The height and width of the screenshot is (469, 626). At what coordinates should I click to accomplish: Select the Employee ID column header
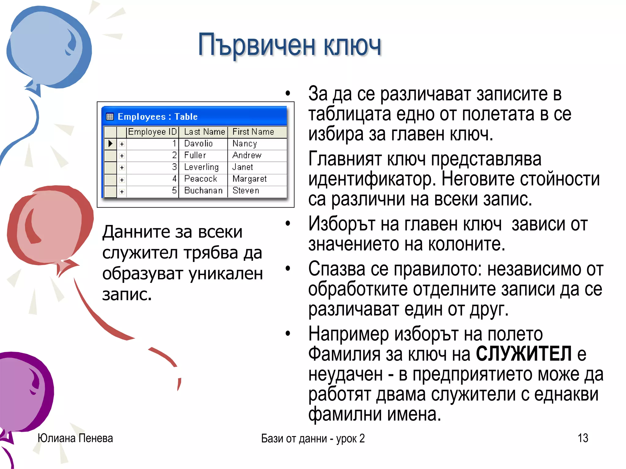point(152,132)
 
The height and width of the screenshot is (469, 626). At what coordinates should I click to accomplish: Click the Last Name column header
point(204,132)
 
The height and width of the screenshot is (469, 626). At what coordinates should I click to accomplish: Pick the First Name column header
point(253,132)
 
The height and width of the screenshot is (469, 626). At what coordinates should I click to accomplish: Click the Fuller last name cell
point(195,155)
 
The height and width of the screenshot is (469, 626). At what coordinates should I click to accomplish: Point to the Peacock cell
point(201,179)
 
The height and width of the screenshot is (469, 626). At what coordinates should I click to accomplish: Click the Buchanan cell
point(203,191)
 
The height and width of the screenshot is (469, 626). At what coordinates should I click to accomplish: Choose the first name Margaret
point(249,179)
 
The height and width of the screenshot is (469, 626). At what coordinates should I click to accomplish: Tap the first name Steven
point(246,191)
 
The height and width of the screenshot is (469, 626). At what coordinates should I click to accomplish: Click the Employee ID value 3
point(174,167)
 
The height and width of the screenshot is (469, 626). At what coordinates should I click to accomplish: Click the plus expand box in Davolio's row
point(122,144)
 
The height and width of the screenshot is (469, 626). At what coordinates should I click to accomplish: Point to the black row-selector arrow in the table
point(110,144)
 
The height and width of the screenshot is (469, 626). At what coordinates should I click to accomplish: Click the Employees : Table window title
point(157,117)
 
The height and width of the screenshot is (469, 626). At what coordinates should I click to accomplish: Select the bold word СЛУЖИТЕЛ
point(524,354)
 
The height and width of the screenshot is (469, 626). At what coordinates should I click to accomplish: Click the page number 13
point(583,438)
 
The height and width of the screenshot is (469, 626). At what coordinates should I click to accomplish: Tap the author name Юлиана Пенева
point(75,438)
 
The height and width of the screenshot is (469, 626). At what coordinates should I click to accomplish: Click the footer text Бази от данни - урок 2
point(313,438)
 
